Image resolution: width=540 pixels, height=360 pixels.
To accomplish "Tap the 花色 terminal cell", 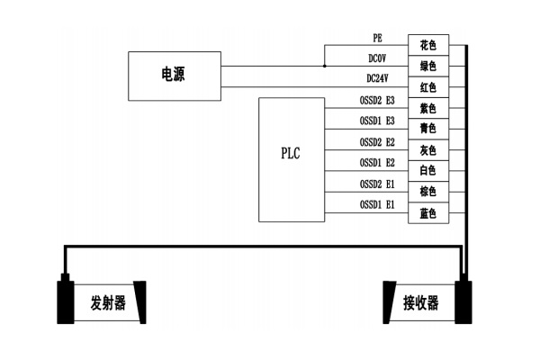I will [428, 44].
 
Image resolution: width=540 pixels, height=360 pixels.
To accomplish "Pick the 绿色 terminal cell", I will [428, 66].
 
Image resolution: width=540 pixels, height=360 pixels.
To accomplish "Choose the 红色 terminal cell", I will [428, 86].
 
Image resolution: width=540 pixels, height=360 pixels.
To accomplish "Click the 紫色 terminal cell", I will [428, 108].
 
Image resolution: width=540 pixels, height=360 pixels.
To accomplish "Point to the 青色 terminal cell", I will [428, 129].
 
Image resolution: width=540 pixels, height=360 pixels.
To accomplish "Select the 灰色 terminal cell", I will [428, 149].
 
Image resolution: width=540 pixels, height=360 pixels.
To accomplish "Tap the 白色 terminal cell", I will [428, 171].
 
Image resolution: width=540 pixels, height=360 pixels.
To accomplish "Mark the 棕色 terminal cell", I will [428, 192].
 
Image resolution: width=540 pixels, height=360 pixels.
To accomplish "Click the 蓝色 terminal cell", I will [428, 213].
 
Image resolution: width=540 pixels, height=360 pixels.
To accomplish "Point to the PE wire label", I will [378, 39].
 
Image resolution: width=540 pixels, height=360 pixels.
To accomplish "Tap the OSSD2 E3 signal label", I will [377, 101].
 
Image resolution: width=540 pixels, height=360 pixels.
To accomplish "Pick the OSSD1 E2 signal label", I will [377, 163].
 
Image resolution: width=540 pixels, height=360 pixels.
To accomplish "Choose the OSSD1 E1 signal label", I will [377, 205].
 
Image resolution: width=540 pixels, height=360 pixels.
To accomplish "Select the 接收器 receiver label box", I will [419, 302].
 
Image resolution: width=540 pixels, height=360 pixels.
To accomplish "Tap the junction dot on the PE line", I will [325, 66].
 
